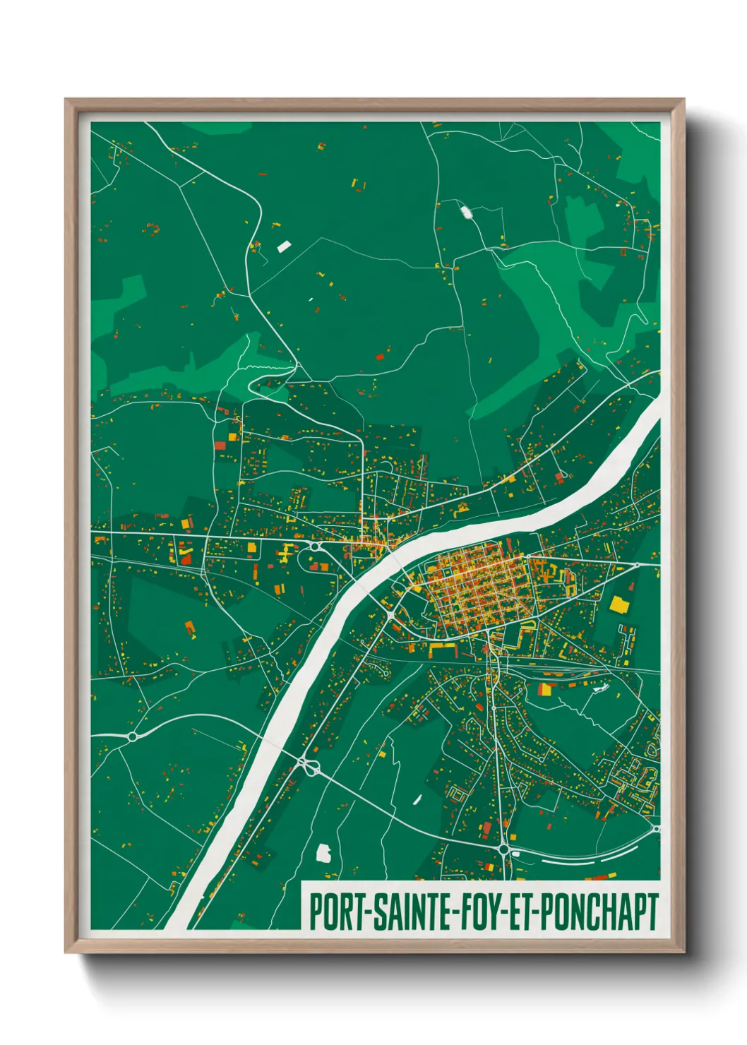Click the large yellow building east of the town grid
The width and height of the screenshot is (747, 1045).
pos(618,604)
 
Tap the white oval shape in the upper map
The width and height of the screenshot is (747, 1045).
pos(466,211)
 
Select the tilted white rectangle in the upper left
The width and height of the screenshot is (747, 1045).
pos(284,246)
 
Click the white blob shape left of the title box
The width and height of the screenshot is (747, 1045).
pos(324,854)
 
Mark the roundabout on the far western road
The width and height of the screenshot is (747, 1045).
pos(132,736)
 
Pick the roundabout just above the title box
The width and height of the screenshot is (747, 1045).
pos(503,849)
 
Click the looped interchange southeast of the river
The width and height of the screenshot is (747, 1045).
pos(307,765)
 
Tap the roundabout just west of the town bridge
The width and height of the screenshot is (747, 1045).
pos(390,617)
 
